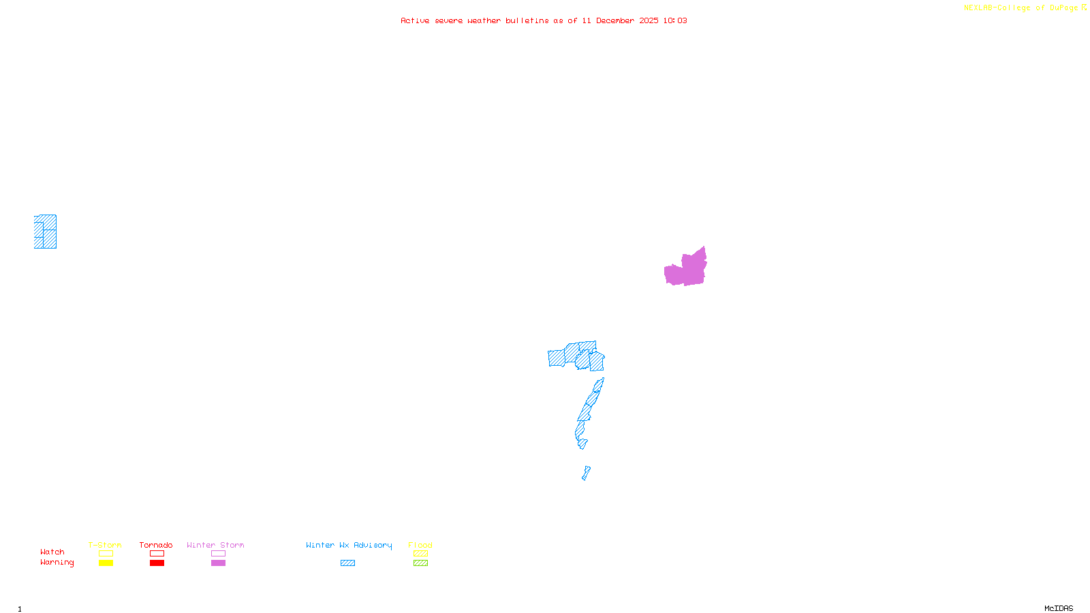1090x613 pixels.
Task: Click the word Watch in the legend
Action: [52, 552]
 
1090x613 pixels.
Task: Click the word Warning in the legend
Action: [57, 563]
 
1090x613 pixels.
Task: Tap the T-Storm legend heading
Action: [105, 545]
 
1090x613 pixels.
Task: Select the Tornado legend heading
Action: [156, 545]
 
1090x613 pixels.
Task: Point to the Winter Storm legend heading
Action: [215, 545]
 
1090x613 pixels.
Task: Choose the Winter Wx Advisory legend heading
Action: [349, 545]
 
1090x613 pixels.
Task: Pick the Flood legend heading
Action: [420, 545]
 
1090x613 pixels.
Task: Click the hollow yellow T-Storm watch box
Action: [106, 554]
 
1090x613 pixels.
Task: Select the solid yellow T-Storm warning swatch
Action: [106, 563]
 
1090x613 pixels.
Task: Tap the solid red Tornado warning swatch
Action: [157, 563]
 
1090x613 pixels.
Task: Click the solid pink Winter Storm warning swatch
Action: [218, 563]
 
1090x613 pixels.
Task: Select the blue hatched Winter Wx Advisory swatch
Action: [347, 563]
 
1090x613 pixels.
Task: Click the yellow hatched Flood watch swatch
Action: [420, 554]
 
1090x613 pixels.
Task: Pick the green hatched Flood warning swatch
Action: [420, 563]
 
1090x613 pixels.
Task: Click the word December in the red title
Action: [615, 21]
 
